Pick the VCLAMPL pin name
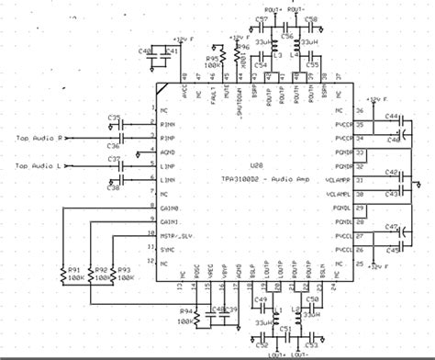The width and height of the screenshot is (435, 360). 339,194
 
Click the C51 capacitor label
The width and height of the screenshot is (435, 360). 284,328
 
